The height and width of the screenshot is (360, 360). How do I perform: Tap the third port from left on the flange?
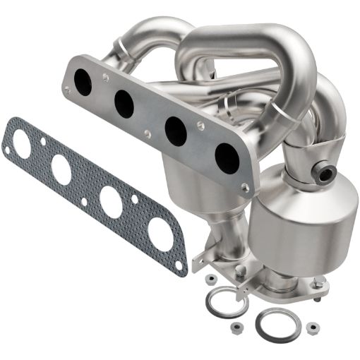[176, 131]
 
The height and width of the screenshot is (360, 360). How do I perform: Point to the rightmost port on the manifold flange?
[225, 155]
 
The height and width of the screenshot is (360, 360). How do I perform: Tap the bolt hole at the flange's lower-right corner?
[244, 187]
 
